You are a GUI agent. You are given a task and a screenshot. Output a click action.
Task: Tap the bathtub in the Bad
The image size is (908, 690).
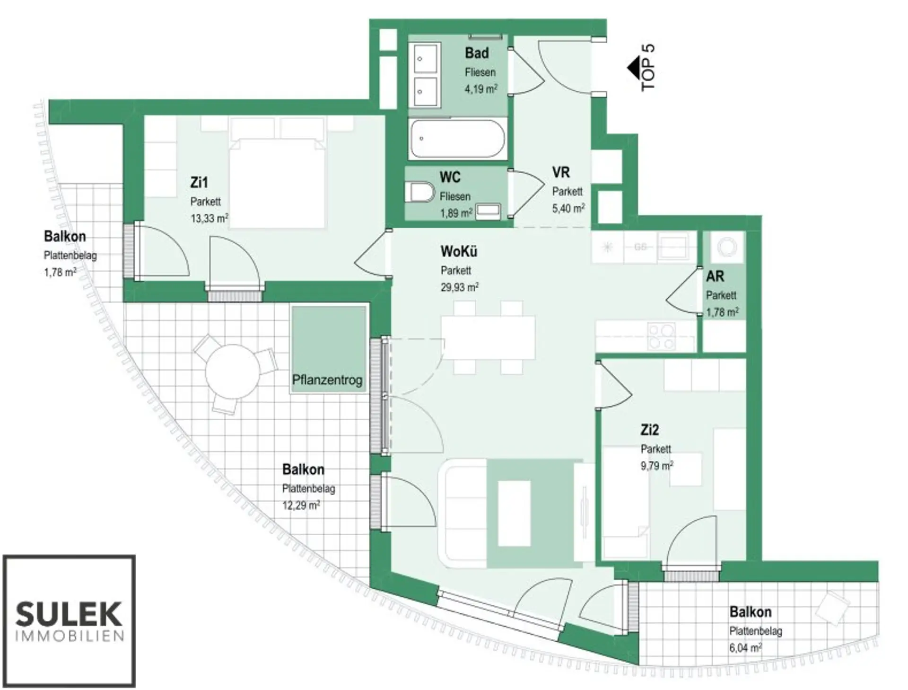click(457, 139)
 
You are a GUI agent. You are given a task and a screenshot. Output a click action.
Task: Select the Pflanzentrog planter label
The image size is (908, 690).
click(327, 380)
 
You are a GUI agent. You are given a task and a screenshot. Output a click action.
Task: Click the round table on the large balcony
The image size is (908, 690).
click(233, 372)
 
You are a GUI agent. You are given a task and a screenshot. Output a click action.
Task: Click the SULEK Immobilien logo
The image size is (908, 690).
click(69, 621)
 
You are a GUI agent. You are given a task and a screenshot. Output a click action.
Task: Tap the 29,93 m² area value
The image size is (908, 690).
click(460, 287)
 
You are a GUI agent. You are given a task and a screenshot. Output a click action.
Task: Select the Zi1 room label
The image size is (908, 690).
click(199, 182)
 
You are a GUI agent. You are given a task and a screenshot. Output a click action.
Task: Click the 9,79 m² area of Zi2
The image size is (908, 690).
click(657, 466)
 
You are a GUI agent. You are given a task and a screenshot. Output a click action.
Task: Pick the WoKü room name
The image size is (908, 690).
click(459, 251)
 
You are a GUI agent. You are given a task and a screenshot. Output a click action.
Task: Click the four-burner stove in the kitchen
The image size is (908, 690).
click(661, 336)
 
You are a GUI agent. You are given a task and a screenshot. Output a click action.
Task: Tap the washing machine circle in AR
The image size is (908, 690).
click(727, 247)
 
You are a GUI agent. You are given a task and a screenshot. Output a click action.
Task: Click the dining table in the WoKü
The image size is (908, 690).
click(488, 337)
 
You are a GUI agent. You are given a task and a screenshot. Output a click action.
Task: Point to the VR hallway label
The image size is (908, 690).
click(561, 172)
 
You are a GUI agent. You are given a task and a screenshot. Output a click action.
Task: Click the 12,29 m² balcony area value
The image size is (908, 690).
click(301, 505)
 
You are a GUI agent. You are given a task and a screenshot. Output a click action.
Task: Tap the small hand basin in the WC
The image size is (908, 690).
click(488, 211)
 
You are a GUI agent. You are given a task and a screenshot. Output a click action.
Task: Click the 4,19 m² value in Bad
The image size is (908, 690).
click(481, 88)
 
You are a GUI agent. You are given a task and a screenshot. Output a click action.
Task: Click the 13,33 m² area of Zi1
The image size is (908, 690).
click(210, 218)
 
